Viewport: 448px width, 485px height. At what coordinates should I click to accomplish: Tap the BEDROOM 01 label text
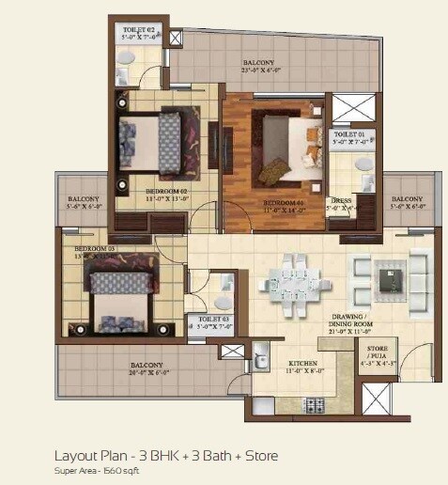click(283, 202)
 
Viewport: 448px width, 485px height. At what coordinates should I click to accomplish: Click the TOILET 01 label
click(351, 136)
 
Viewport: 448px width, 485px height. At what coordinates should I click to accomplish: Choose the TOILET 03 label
click(209, 320)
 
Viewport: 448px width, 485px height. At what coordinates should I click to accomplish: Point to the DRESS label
click(341, 201)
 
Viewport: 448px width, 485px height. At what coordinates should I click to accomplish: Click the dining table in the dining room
click(295, 276)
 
